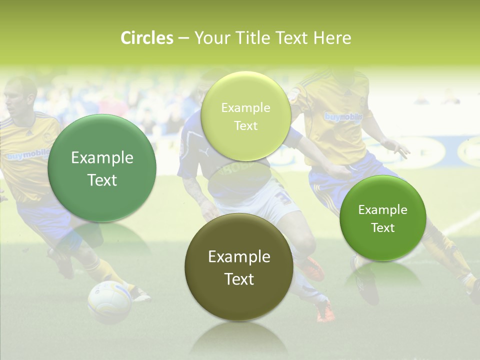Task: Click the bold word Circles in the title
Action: (147, 38)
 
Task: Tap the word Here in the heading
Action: (332, 38)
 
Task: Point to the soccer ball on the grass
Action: (109, 301)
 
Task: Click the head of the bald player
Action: (21, 95)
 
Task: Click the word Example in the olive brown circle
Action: (239, 256)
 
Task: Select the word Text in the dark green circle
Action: (102, 180)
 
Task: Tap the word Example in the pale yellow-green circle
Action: (245, 107)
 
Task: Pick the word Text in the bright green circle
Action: (383, 227)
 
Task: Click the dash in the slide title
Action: (183, 38)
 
